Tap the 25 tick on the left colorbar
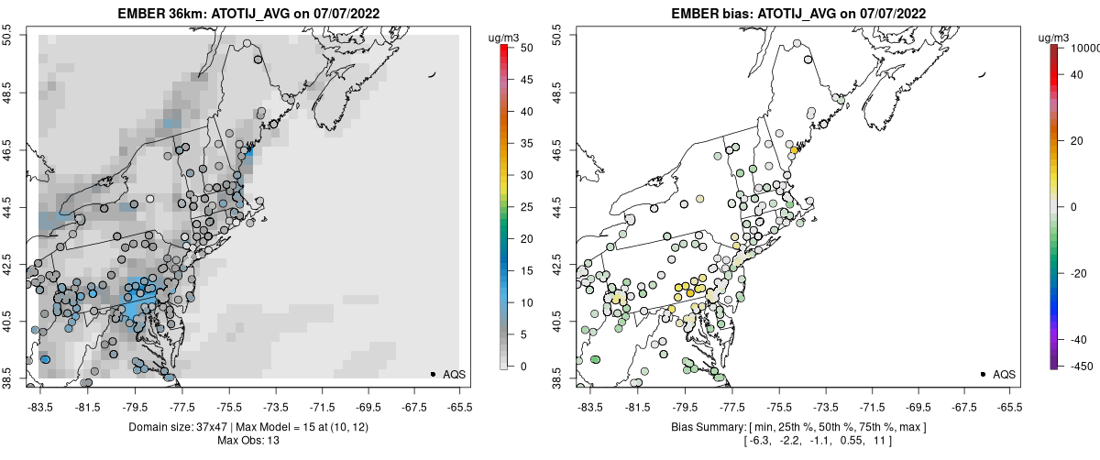[x=522, y=206]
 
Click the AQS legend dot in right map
[x=983, y=375]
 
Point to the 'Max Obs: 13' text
[x=247, y=441]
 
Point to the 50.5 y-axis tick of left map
[x=12, y=35]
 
